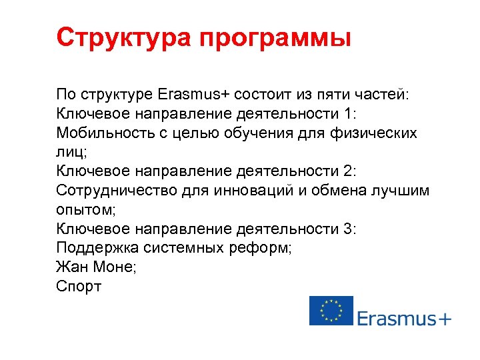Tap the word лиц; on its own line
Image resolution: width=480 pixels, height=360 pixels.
click(x=72, y=153)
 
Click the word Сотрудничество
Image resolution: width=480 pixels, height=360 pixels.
click(x=117, y=191)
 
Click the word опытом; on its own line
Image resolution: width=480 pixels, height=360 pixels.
click(x=86, y=210)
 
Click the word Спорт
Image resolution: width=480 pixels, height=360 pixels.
click(x=79, y=287)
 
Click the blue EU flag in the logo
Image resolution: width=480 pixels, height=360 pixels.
click(x=331, y=311)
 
